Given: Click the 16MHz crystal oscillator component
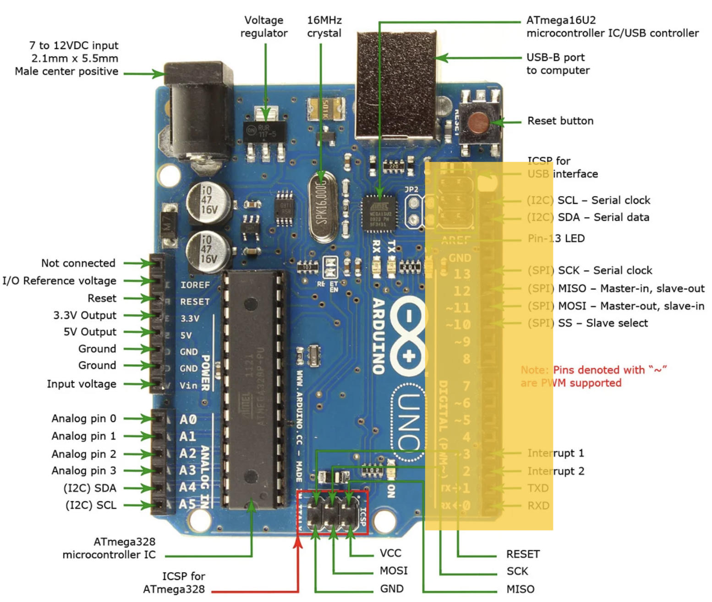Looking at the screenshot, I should (322, 206).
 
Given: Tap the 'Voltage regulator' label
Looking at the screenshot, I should (264, 27).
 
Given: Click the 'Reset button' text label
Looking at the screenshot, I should (560, 121).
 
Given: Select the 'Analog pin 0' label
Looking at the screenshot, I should (83, 418).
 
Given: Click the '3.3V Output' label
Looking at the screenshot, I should (85, 315).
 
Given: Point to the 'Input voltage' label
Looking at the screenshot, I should (82, 384).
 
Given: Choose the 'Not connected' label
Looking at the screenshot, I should (78, 263).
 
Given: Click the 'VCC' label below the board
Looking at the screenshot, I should (390, 553).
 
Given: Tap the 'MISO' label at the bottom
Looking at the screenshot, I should (520, 589).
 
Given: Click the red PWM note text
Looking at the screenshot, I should (594, 376).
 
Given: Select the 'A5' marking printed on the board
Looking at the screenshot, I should (187, 504).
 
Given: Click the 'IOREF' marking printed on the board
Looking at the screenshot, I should (195, 285).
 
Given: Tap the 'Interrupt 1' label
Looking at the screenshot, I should (555, 453).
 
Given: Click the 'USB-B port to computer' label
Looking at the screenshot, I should (558, 64).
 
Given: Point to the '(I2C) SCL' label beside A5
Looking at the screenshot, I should (91, 505).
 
